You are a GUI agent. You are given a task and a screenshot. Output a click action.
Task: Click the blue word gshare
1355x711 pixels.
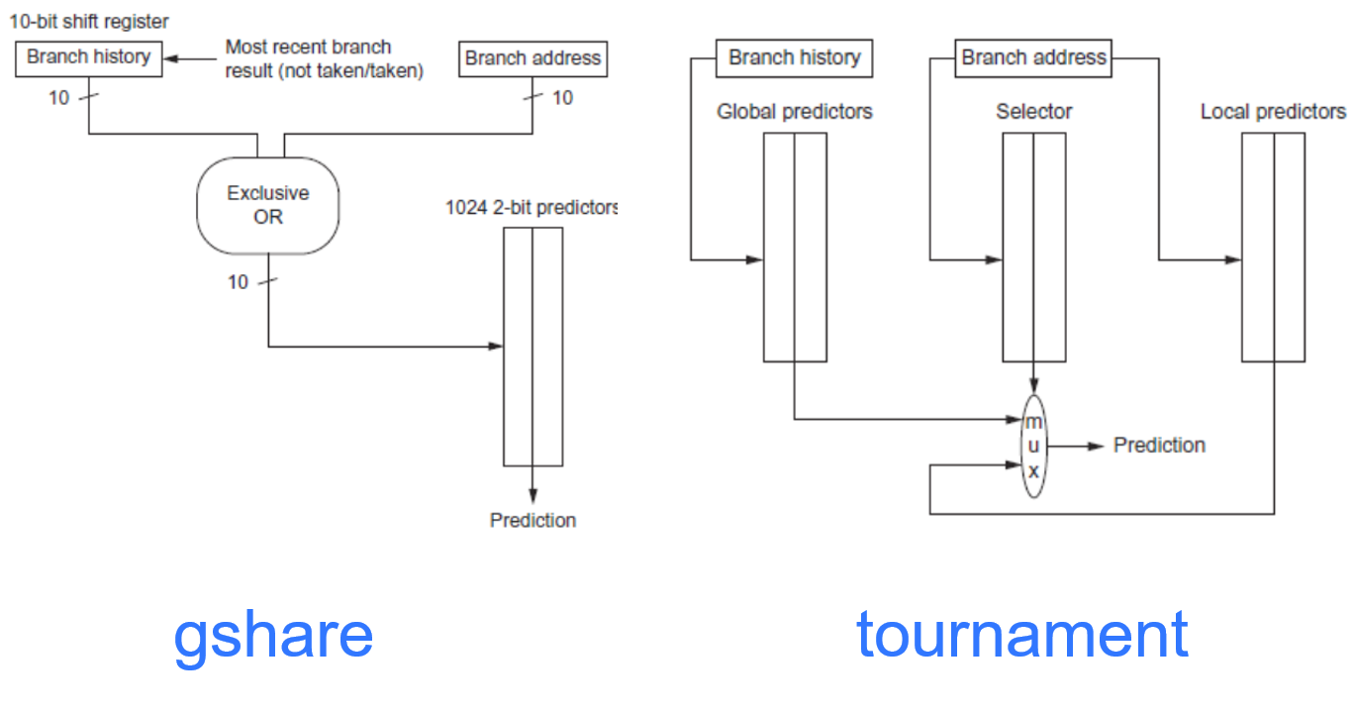point(273,636)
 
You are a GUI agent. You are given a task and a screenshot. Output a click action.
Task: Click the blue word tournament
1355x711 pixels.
point(1021,634)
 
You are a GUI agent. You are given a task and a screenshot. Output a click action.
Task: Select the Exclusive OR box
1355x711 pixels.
point(267,205)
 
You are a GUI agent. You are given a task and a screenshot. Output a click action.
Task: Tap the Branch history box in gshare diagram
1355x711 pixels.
point(89,57)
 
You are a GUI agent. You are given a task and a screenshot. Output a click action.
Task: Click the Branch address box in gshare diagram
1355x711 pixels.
point(532,58)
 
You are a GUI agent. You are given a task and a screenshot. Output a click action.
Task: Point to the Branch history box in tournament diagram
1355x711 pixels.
point(794,57)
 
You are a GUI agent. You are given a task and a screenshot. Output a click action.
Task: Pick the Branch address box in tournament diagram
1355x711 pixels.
point(1033,57)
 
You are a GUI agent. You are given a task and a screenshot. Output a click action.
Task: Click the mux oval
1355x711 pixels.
point(1033,446)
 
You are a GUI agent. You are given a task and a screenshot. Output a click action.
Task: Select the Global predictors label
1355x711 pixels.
point(795,112)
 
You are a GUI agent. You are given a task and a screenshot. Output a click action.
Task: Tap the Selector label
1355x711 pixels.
point(1033,112)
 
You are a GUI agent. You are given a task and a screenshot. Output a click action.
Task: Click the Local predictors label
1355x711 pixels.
point(1273,112)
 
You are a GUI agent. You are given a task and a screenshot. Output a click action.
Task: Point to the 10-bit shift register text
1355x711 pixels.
point(89,22)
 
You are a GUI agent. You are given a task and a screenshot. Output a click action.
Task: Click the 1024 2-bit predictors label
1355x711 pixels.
point(532,208)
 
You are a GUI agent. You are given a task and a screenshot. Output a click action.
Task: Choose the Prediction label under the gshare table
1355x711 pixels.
point(532,520)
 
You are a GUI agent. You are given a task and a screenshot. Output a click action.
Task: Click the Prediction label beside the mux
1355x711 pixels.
point(1159,446)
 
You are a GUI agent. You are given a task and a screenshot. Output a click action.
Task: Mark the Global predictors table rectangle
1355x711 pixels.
point(795,248)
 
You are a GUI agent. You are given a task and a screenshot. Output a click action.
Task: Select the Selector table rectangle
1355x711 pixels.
point(1033,248)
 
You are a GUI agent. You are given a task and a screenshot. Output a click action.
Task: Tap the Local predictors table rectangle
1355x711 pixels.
point(1273,248)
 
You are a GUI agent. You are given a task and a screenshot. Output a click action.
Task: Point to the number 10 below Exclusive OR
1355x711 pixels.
point(238,282)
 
